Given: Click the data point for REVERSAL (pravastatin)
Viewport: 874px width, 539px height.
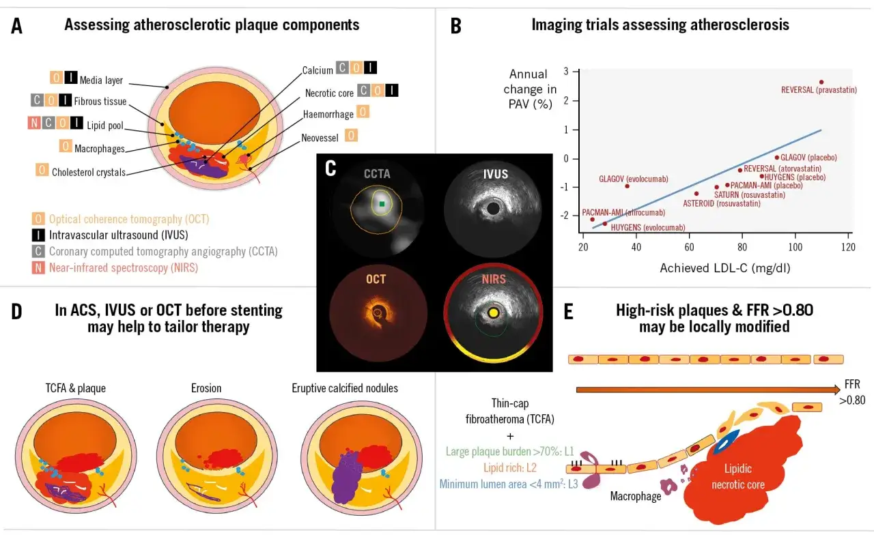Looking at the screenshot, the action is click(x=821, y=83).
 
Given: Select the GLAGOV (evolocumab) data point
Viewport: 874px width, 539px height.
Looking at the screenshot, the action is click(x=627, y=186).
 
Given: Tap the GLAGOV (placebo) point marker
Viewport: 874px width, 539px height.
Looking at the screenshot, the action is click(x=777, y=158).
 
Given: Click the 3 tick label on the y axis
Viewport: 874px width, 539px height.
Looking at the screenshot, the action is click(x=566, y=71).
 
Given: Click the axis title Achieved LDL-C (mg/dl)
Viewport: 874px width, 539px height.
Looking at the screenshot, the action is click(x=725, y=268).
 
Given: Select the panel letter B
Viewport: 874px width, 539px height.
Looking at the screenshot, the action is click(x=455, y=27).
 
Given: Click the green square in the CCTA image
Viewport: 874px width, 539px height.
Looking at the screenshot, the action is click(x=382, y=204).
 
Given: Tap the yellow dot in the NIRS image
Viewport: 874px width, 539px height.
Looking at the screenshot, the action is click(x=494, y=312).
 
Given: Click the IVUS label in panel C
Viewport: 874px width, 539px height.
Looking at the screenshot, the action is click(x=496, y=174).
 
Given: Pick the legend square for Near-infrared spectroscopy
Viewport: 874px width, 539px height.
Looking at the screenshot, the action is click(x=38, y=268).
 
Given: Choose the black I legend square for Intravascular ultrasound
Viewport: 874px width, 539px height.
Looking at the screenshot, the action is click(x=38, y=235).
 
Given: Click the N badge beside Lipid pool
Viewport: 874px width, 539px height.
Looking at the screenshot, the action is click(x=34, y=123).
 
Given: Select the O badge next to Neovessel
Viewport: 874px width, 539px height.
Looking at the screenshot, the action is click(x=351, y=136).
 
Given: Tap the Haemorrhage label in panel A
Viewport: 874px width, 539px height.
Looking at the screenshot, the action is click(x=328, y=114).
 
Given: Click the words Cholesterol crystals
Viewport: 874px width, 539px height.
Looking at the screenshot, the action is click(x=89, y=173).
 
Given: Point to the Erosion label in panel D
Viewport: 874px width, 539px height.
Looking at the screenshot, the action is click(x=206, y=388).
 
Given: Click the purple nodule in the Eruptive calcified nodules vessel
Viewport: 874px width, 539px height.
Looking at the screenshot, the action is click(x=346, y=477).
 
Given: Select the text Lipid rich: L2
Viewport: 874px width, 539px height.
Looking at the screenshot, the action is click(x=510, y=467).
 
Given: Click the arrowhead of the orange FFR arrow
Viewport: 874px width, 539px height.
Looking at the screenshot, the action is click(x=837, y=389).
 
